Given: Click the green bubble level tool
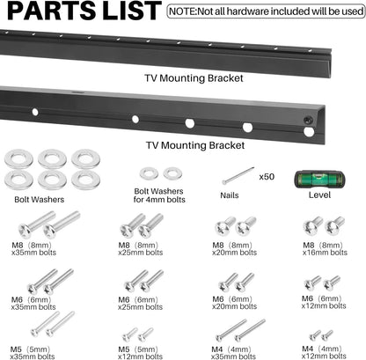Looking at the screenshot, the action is click(319, 180).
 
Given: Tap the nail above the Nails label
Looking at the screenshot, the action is click(238, 176).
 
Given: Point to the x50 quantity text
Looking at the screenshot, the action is click(267, 177).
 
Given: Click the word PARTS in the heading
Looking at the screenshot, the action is click(52, 11).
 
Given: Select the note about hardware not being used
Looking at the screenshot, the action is click(266, 11).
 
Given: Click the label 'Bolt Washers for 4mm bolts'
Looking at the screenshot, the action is click(159, 195).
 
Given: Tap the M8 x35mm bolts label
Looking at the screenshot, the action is click(33, 248).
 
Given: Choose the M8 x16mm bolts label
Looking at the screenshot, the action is click(325, 248).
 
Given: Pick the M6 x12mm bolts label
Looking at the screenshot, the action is click(324, 302).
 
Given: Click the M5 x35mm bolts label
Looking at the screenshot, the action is click(33, 353).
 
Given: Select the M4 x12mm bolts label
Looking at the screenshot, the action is click(324, 352).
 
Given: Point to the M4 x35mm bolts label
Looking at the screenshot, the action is click(233, 353).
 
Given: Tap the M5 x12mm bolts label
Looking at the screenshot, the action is click(140, 353).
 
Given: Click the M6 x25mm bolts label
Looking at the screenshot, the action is click(140, 304).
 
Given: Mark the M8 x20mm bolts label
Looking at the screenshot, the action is click(234, 248).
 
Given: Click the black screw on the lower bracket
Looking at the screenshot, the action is click(308, 120).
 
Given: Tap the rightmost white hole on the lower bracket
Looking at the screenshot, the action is click(309, 132).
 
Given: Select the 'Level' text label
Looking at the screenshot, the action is click(319, 195).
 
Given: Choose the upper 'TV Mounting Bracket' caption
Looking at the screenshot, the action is click(194, 78).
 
